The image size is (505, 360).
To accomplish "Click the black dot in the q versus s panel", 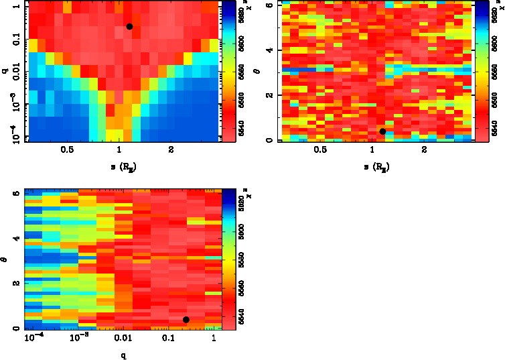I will pyautogui.click(x=129, y=26).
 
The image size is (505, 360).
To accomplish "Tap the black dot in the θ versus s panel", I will pyautogui.click(x=382, y=131).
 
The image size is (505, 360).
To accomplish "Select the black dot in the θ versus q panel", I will pyautogui.click(x=186, y=320).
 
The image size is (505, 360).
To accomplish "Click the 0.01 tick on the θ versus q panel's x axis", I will pyautogui.click(x=122, y=339).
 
